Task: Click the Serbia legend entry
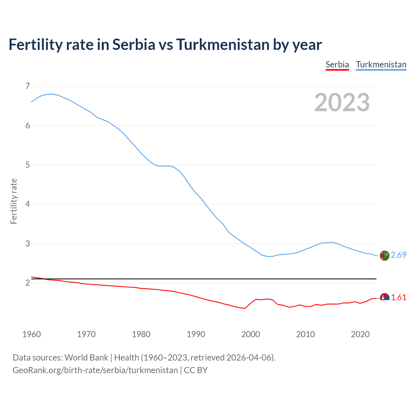point(337,65)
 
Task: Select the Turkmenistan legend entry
point(381,65)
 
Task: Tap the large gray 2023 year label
point(342,102)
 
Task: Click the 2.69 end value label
point(398,255)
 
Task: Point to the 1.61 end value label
point(398,298)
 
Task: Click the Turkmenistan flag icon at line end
point(384,255)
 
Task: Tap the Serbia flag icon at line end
point(384,298)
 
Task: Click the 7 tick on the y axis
point(27,86)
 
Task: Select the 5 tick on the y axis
point(27,165)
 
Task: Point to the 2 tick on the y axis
point(27,283)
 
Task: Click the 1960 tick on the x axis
point(31,334)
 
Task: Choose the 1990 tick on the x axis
point(196,334)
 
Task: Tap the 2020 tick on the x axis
point(360,334)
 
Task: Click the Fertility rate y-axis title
point(14,201)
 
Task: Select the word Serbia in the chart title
point(134,44)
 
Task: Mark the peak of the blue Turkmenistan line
point(51,94)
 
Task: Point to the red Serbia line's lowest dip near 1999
point(245,308)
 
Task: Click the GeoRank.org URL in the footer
point(95,370)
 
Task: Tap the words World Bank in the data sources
point(86,358)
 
